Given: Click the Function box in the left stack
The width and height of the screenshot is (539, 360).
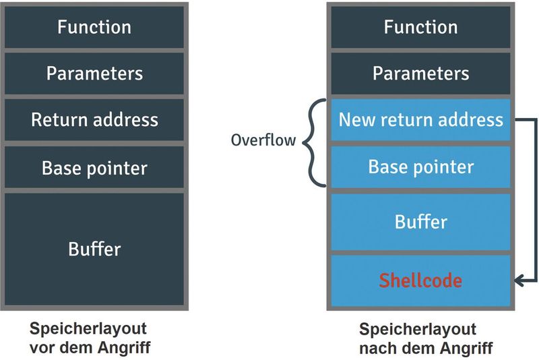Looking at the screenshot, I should pyautogui.click(x=94, y=27).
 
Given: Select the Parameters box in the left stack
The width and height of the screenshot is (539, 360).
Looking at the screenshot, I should pyautogui.click(x=94, y=73).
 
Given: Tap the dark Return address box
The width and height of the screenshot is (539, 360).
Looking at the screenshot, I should pyautogui.click(x=94, y=120).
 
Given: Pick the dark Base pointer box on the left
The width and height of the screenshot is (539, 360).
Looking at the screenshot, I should pyautogui.click(x=94, y=167).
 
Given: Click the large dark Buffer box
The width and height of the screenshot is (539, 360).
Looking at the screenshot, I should pyautogui.click(x=94, y=249).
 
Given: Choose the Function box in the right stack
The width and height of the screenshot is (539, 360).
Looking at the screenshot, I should pyautogui.click(x=420, y=27).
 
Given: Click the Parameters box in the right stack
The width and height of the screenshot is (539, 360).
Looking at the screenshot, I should pyautogui.click(x=420, y=73).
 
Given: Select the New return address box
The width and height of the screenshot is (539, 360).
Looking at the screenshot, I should pyautogui.click(x=420, y=120).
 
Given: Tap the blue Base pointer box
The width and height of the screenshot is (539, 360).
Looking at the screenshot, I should pyautogui.click(x=420, y=167).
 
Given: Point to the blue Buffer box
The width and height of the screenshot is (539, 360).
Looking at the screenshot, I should pyautogui.click(x=420, y=221).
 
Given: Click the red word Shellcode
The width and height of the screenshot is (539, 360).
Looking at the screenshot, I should pyautogui.click(x=420, y=280).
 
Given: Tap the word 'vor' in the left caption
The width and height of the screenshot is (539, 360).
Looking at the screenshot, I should pyautogui.click(x=40, y=349).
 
